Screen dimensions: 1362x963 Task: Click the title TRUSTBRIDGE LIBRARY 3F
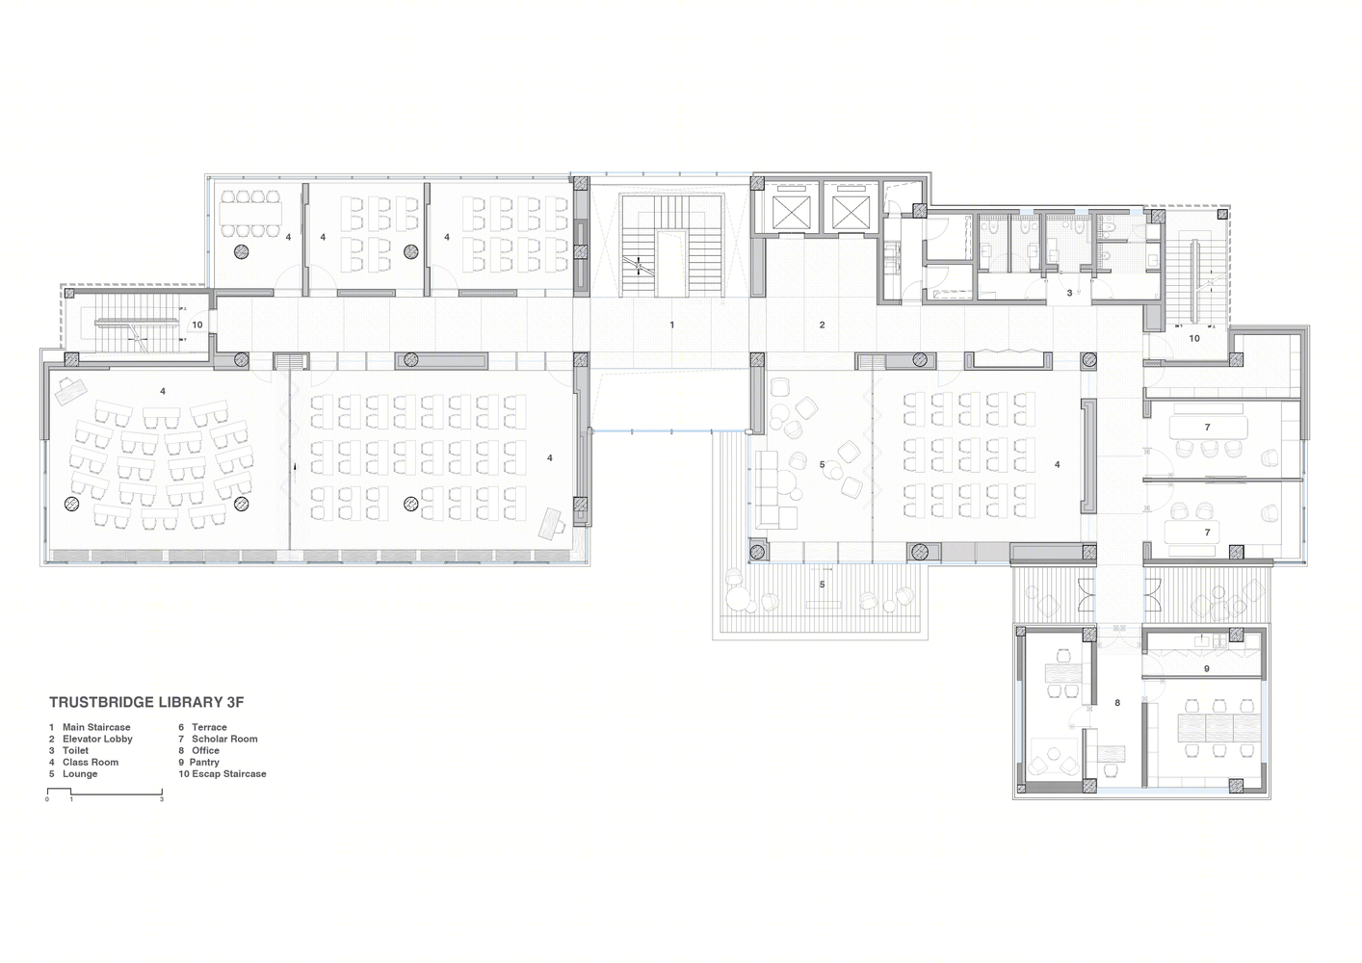tap(146, 702)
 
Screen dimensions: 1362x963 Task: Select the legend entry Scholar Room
tap(218, 739)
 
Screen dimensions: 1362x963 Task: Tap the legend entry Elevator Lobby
tap(91, 739)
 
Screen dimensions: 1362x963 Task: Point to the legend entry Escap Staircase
tap(223, 774)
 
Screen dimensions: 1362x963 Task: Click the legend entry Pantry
tap(198, 763)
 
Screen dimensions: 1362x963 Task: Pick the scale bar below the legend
tap(105, 792)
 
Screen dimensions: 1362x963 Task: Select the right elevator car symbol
tap(851, 213)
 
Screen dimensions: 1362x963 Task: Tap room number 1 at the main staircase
tap(672, 325)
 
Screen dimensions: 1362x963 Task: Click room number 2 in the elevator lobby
tap(822, 325)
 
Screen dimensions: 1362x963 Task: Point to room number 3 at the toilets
tap(1069, 293)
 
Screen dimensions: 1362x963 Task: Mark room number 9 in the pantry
tap(1206, 668)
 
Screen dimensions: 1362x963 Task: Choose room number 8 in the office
tap(1117, 703)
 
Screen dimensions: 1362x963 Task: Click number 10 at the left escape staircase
tap(197, 325)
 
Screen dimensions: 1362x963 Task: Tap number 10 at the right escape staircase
tap(1194, 339)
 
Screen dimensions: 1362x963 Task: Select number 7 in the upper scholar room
tap(1207, 428)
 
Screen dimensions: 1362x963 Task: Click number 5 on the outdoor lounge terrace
tap(822, 585)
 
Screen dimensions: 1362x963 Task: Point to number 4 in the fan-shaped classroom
tap(163, 392)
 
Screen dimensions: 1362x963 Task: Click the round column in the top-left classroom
tap(242, 251)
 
